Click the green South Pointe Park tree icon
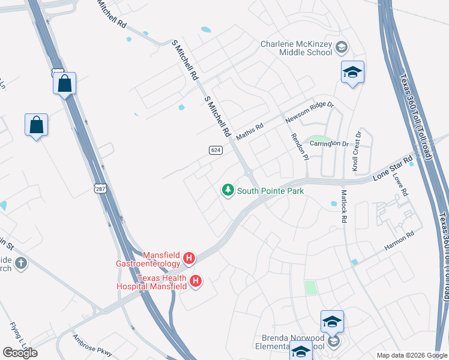[228, 191]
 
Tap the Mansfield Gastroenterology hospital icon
[189, 259]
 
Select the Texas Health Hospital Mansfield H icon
[195, 281]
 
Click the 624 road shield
[216, 149]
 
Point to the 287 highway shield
[100, 189]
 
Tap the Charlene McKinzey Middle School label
[297, 48]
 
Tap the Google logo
[20, 353]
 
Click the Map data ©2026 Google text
[411, 355]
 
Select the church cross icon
[21, 263]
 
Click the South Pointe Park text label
[270, 191]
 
